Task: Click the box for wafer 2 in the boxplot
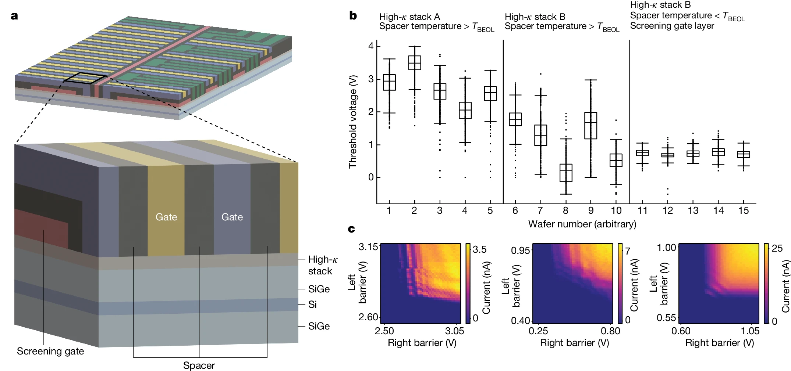(x=415, y=63)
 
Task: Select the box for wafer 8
(x=566, y=173)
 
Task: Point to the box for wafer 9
(x=591, y=126)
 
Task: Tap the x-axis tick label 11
(x=642, y=210)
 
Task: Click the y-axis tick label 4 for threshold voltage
(x=370, y=46)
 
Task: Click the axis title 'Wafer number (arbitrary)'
(x=582, y=224)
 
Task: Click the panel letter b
(x=353, y=15)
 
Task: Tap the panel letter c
(x=351, y=229)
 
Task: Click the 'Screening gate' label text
(x=50, y=352)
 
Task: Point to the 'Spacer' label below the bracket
(x=199, y=365)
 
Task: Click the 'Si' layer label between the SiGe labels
(x=312, y=305)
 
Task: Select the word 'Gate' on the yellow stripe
(x=166, y=217)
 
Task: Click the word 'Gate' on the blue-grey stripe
(x=232, y=217)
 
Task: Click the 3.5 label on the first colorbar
(x=479, y=249)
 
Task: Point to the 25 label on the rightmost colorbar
(x=777, y=248)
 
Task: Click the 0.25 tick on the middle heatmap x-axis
(x=538, y=331)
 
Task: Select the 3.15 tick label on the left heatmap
(x=368, y=247)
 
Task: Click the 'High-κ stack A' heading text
(x=409, y=17)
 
